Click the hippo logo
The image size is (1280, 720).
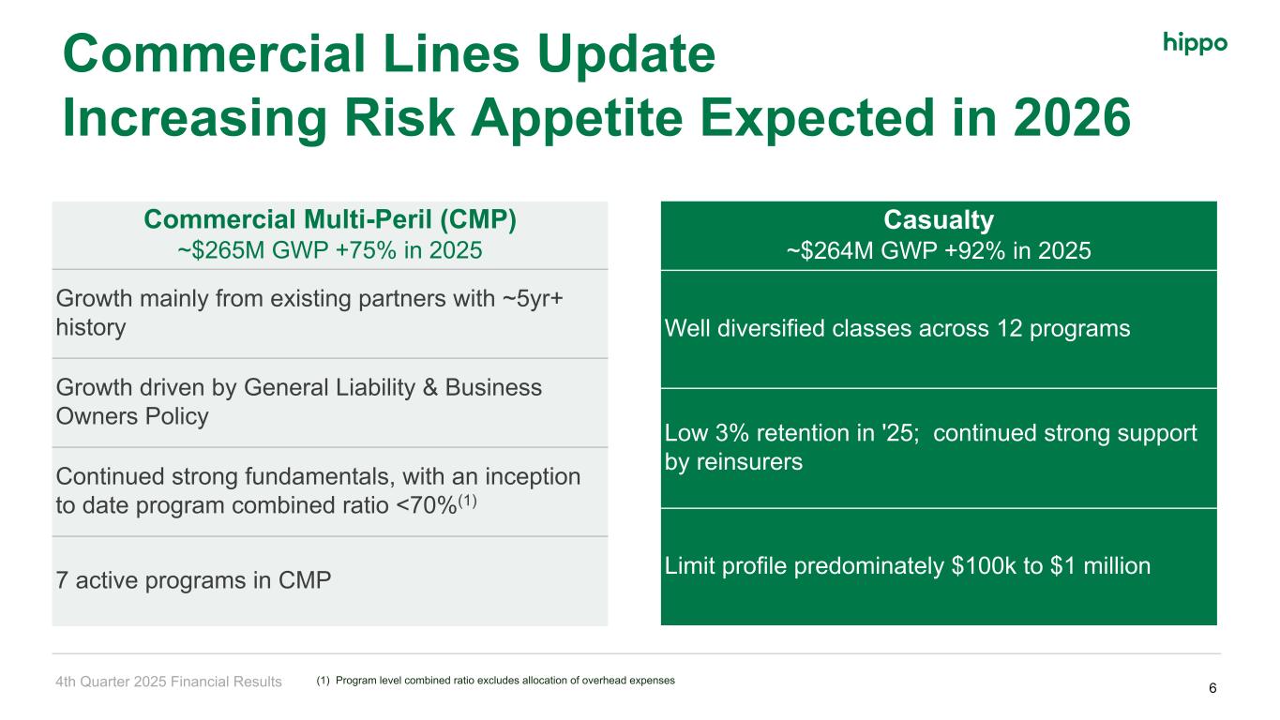coord(1195,43)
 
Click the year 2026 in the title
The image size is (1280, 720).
coord(1072,118)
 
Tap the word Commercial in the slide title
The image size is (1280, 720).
coord(215,53)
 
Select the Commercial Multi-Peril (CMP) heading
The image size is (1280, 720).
coord(330,219)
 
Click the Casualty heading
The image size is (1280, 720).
coord(939,220)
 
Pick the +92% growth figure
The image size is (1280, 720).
coord(975,250)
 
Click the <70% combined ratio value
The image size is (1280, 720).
coord(427,505)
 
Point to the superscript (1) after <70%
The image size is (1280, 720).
coord(467,502)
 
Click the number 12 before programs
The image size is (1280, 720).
coord(1009,328)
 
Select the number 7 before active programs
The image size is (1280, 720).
coord(62,580)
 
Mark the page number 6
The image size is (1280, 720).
coord(1212,688)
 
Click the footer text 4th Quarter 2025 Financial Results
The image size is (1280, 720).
coord(169,682)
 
